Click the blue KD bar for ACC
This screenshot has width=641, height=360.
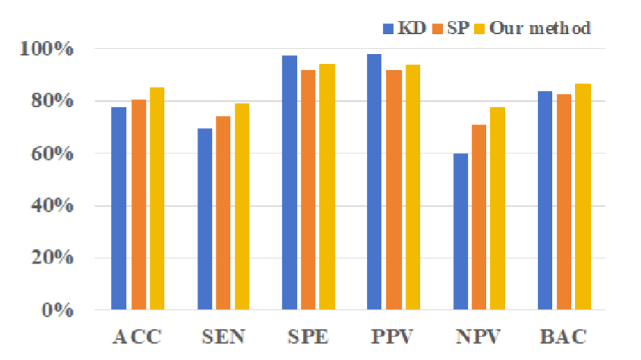pos(118,209)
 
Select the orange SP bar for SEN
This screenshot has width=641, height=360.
pos(223,213)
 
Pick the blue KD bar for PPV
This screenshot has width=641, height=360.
pos(374,182)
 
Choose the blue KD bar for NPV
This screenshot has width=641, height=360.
pos(460,232)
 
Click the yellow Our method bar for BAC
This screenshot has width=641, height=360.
pos(583,197)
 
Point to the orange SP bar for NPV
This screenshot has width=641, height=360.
pos(479,217)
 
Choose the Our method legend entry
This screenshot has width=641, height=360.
pos(532,29)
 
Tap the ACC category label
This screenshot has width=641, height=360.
pos(137,336)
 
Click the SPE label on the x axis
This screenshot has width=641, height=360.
pos(308,336)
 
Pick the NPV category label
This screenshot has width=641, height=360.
pos(478,336)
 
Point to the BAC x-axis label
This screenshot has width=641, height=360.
pos(564,336)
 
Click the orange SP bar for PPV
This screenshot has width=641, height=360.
pos(393,190)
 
